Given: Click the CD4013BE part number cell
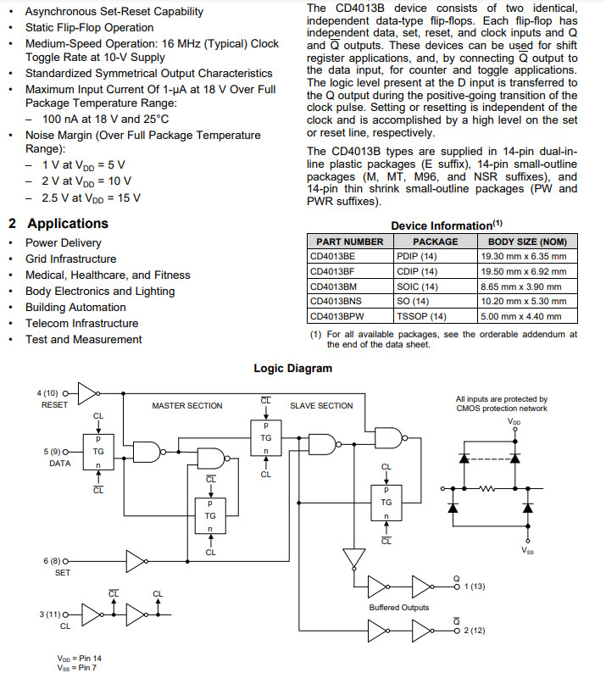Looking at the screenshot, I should pos(332,256).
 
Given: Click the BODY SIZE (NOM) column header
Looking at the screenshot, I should pos(523,242).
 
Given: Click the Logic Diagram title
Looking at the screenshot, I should pos(293,368).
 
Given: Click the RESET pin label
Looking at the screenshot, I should pos(54,404).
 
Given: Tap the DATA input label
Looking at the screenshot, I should pos(59,463).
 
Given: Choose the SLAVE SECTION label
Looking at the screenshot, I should pos(321,405).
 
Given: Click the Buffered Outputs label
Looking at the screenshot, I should pos(398,608).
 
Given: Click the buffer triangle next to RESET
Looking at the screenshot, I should pos(88,392).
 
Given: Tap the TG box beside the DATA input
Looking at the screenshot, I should pos(97,453).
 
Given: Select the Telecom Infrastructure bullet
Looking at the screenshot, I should pos(81,323).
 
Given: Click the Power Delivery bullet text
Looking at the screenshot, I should pos(64,242).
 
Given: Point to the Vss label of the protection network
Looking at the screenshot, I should pos(528,550).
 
